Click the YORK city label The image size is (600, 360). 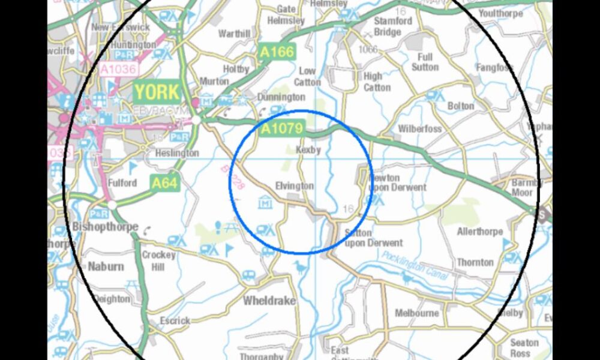pos(157,92)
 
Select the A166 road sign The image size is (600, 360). pos(277,52)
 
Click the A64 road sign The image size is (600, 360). pos(164,183)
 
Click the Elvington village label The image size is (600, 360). pos(294,186)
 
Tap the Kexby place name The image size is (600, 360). pos(309,149)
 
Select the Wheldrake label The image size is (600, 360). pos(269,301)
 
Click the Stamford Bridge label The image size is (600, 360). pos(393,26)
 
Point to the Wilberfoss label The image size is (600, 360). pos(420,129)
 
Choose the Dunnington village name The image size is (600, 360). pos(281,97)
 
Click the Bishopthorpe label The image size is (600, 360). pos(104,227)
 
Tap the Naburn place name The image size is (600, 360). pos(106,266)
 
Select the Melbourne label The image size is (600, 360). pos(417,313)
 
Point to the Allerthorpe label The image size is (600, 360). pos(479,231)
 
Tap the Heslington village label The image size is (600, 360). pos(177,153)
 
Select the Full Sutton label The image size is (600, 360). pos(425,62)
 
